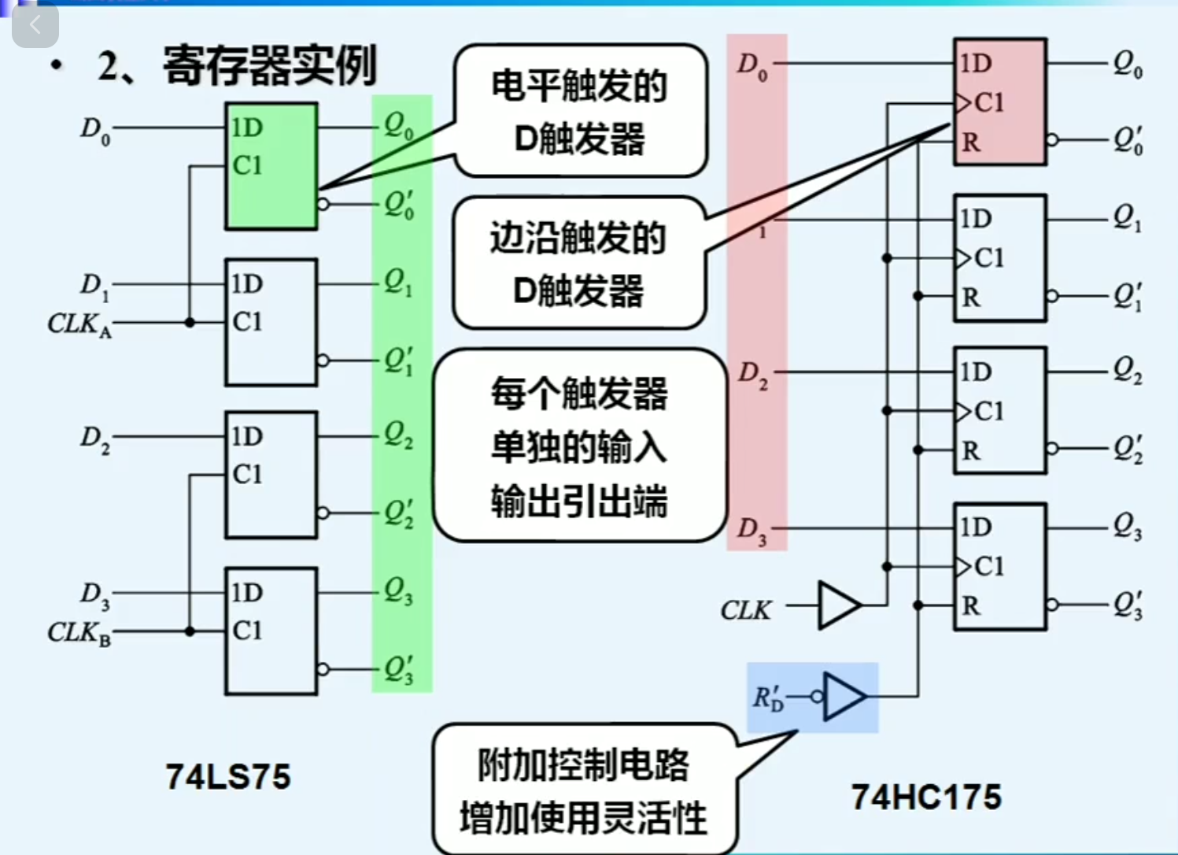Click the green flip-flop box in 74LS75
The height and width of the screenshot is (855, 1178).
[x=271, y=166]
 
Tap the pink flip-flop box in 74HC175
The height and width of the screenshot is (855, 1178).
[x=999, y=102]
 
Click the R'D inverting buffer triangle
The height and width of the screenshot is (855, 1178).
[x=844, y=697]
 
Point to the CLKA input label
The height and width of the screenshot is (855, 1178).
[x=79, y=324]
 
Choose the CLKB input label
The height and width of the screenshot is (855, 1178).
[x=79, y=633]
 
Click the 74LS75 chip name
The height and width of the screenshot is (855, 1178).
[x=228, y=777]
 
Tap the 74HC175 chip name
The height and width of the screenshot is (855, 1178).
[x=926, y=798]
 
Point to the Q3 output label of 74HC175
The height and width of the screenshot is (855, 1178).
[x=1128, y=527]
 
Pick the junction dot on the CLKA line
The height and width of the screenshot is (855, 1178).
[x=190, y=323]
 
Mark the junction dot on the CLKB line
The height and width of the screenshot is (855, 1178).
[x=190, y=631]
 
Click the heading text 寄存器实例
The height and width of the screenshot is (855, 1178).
[x=270, y=65]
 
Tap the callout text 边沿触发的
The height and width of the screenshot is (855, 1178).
[x=578, y=239]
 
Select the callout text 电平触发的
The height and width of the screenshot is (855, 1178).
[x=579, y=86]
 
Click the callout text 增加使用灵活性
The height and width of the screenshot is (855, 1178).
[x=583, y=817]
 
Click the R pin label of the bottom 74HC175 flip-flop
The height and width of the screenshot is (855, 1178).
[x=971, y=606]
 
